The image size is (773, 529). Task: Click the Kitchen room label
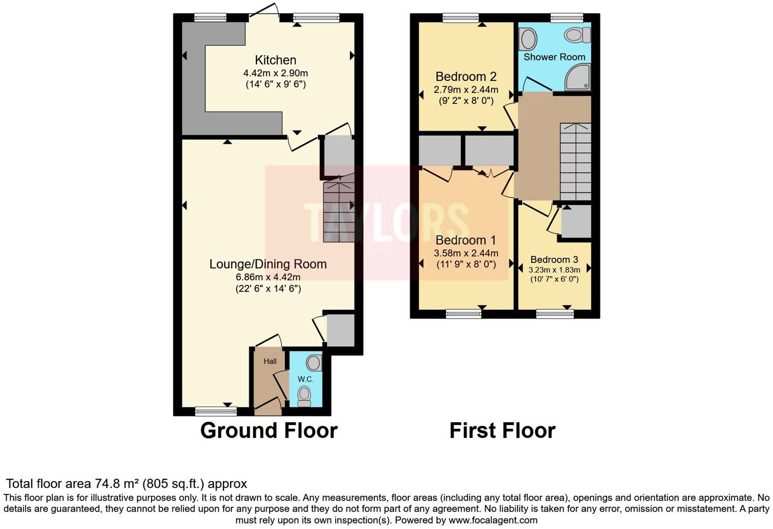coord(276,60)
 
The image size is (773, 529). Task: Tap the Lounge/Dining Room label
coord(268,264)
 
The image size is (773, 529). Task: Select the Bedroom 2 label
coord(466,77)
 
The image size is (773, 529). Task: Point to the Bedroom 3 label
coord(554,259)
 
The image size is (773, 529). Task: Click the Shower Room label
coord(554,57)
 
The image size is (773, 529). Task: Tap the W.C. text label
coord(305,379)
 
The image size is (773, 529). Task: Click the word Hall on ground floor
coord(270,361)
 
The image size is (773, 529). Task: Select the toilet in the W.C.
coord(304,395)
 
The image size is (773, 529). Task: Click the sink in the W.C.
coord(313,363)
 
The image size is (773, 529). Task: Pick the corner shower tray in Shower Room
coord(578,77)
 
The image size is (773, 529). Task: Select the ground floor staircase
coord(338,209)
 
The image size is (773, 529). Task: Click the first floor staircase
coord(576,162)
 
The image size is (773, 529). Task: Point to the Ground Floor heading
coord(269,430)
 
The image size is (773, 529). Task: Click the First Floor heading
coord(502,430)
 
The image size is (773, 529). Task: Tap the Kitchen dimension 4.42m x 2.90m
coord(276,73)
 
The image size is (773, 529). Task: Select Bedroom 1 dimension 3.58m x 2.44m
coord(466,253)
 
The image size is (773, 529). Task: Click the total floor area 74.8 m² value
coord(117,484)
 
